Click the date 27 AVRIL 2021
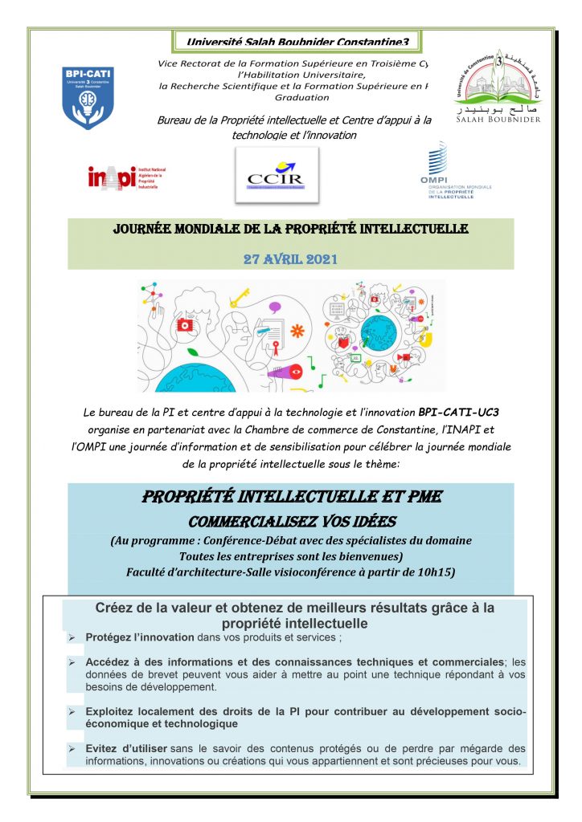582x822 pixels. [290, 260]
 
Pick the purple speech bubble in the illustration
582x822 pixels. [275, 307]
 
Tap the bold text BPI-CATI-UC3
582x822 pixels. [465, 412]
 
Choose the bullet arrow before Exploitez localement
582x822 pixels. [72, 711]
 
